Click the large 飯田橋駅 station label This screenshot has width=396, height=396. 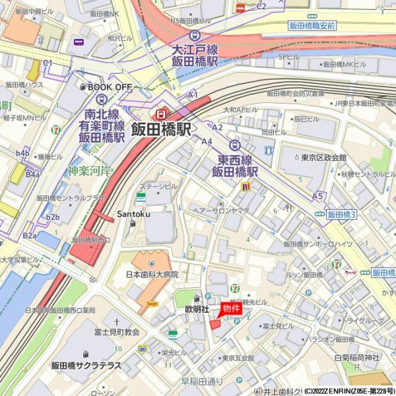161,129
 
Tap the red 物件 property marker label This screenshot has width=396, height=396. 230,308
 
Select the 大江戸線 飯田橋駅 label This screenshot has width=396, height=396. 195,55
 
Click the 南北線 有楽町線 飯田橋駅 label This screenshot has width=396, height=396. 101,125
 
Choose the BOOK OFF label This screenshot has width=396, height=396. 110,86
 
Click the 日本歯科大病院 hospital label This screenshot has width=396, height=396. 152,274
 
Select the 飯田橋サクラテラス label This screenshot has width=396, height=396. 86,365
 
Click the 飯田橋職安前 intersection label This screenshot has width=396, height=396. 312,24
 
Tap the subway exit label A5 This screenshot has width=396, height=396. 318,196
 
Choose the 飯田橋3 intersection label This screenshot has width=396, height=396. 341,215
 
